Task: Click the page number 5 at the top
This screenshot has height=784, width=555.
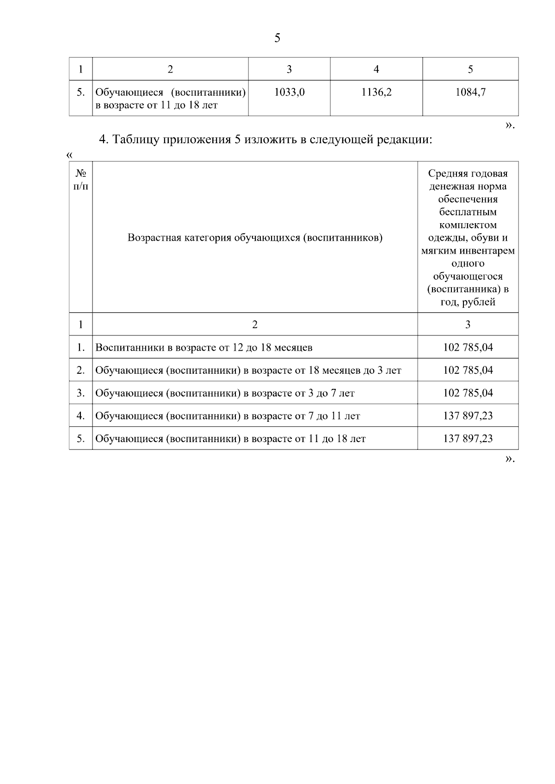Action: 277,38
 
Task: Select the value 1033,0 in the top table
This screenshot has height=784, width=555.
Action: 289,92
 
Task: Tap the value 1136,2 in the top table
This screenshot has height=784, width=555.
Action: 376,92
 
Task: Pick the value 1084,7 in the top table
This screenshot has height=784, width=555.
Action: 470,92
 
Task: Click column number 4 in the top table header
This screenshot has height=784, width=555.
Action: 376,69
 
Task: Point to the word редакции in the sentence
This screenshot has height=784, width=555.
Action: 405,139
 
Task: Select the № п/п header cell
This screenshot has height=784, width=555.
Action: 81,179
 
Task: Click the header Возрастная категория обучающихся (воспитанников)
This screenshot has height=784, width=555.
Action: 255,238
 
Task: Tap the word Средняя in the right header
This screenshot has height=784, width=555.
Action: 448,173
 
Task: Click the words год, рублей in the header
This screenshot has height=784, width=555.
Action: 468,302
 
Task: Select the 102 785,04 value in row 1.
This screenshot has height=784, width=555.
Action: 468,347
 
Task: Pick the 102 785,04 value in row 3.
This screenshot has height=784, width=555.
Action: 468,393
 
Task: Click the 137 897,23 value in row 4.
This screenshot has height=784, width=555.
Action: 468,416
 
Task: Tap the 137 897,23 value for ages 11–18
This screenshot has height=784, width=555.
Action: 468,438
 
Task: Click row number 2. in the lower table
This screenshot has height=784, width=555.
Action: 81,370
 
